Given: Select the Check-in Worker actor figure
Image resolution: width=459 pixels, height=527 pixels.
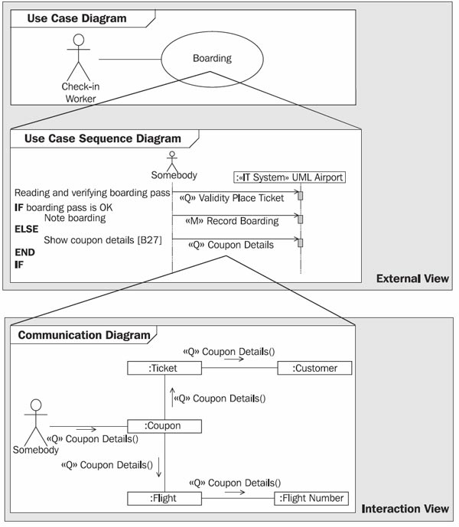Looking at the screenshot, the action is (79, 57).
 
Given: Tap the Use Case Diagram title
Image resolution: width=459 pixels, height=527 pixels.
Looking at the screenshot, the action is (76, 18).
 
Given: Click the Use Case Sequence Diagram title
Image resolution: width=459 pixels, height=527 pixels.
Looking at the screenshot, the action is (103, 138).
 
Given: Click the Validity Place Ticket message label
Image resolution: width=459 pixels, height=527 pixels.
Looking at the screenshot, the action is (232, 198).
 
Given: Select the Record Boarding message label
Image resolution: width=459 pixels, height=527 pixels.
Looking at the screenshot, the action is (232, 221).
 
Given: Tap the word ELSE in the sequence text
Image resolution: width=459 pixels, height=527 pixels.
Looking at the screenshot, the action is (27, 229).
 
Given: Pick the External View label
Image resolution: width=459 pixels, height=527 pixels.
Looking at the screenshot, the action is (412, 278).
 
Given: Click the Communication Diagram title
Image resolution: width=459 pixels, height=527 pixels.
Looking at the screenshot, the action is (84, 335).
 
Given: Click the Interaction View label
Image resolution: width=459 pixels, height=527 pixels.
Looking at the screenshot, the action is (405, 509).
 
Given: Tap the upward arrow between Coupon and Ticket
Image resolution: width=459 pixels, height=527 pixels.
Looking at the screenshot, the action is (172, 397).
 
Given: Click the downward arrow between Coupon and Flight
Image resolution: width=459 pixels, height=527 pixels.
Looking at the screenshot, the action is (158, 467).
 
